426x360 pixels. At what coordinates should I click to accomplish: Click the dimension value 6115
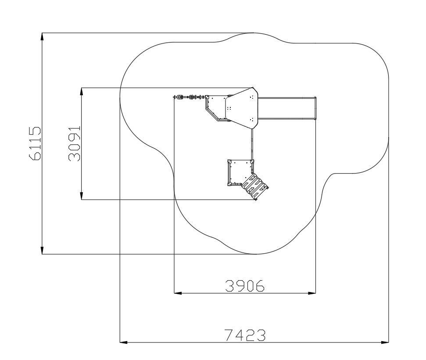(x=35, y=143)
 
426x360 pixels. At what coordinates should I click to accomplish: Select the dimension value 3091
(x=75, y=144)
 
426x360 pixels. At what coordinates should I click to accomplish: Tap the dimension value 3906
(x=245, y=285)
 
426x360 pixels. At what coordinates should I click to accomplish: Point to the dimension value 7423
(x=245, y=335)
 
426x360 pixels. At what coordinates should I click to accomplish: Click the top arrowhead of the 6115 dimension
(x=42, y=36)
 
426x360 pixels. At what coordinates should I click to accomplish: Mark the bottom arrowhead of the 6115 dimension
(x=42, y=250)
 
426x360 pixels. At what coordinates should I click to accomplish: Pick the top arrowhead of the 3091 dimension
(x=82, y=92)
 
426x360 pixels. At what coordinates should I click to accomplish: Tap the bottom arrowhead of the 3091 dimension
(x=82, y=196)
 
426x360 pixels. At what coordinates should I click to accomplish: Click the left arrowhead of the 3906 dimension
(x=178, y=293)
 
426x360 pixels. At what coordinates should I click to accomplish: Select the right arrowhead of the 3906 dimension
(x=312, y=293)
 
